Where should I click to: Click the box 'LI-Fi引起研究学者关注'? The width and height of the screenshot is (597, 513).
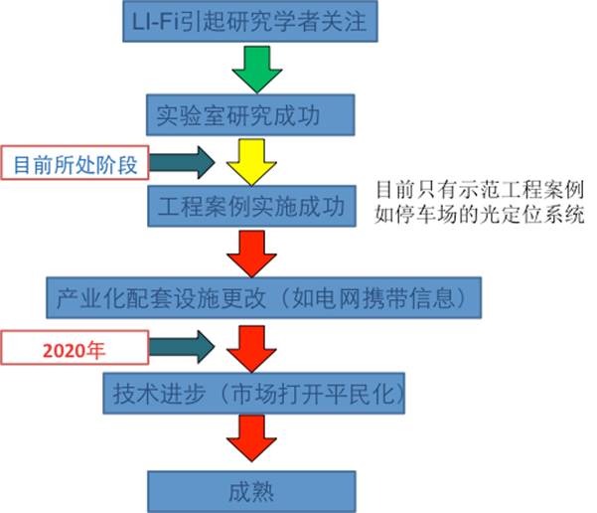(250, 23)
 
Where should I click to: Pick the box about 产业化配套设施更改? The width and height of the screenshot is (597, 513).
(271, 295)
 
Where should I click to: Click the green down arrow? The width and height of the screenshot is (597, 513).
(256, 69)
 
